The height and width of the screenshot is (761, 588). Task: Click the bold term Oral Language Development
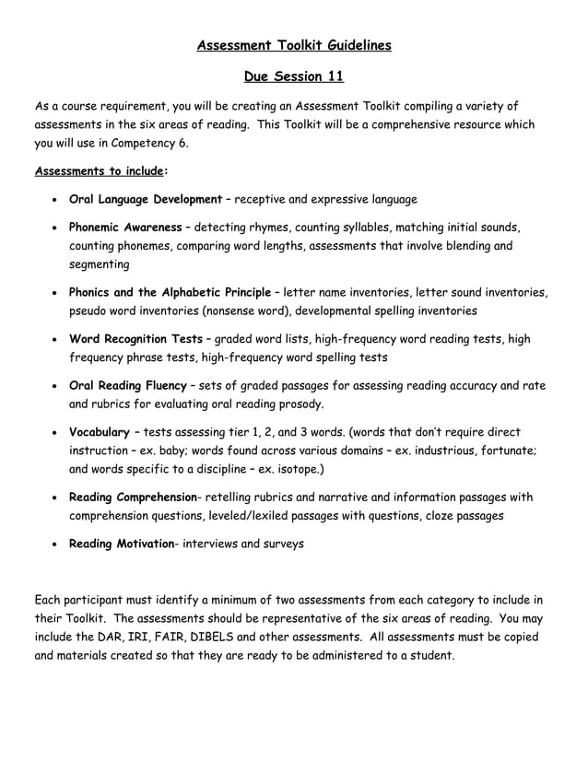coord(146,199)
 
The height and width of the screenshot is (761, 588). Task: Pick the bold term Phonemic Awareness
coord(125,227)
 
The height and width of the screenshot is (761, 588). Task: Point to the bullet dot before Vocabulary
coord(57,432)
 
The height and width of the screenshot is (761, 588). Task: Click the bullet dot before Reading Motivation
coord(57,544)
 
